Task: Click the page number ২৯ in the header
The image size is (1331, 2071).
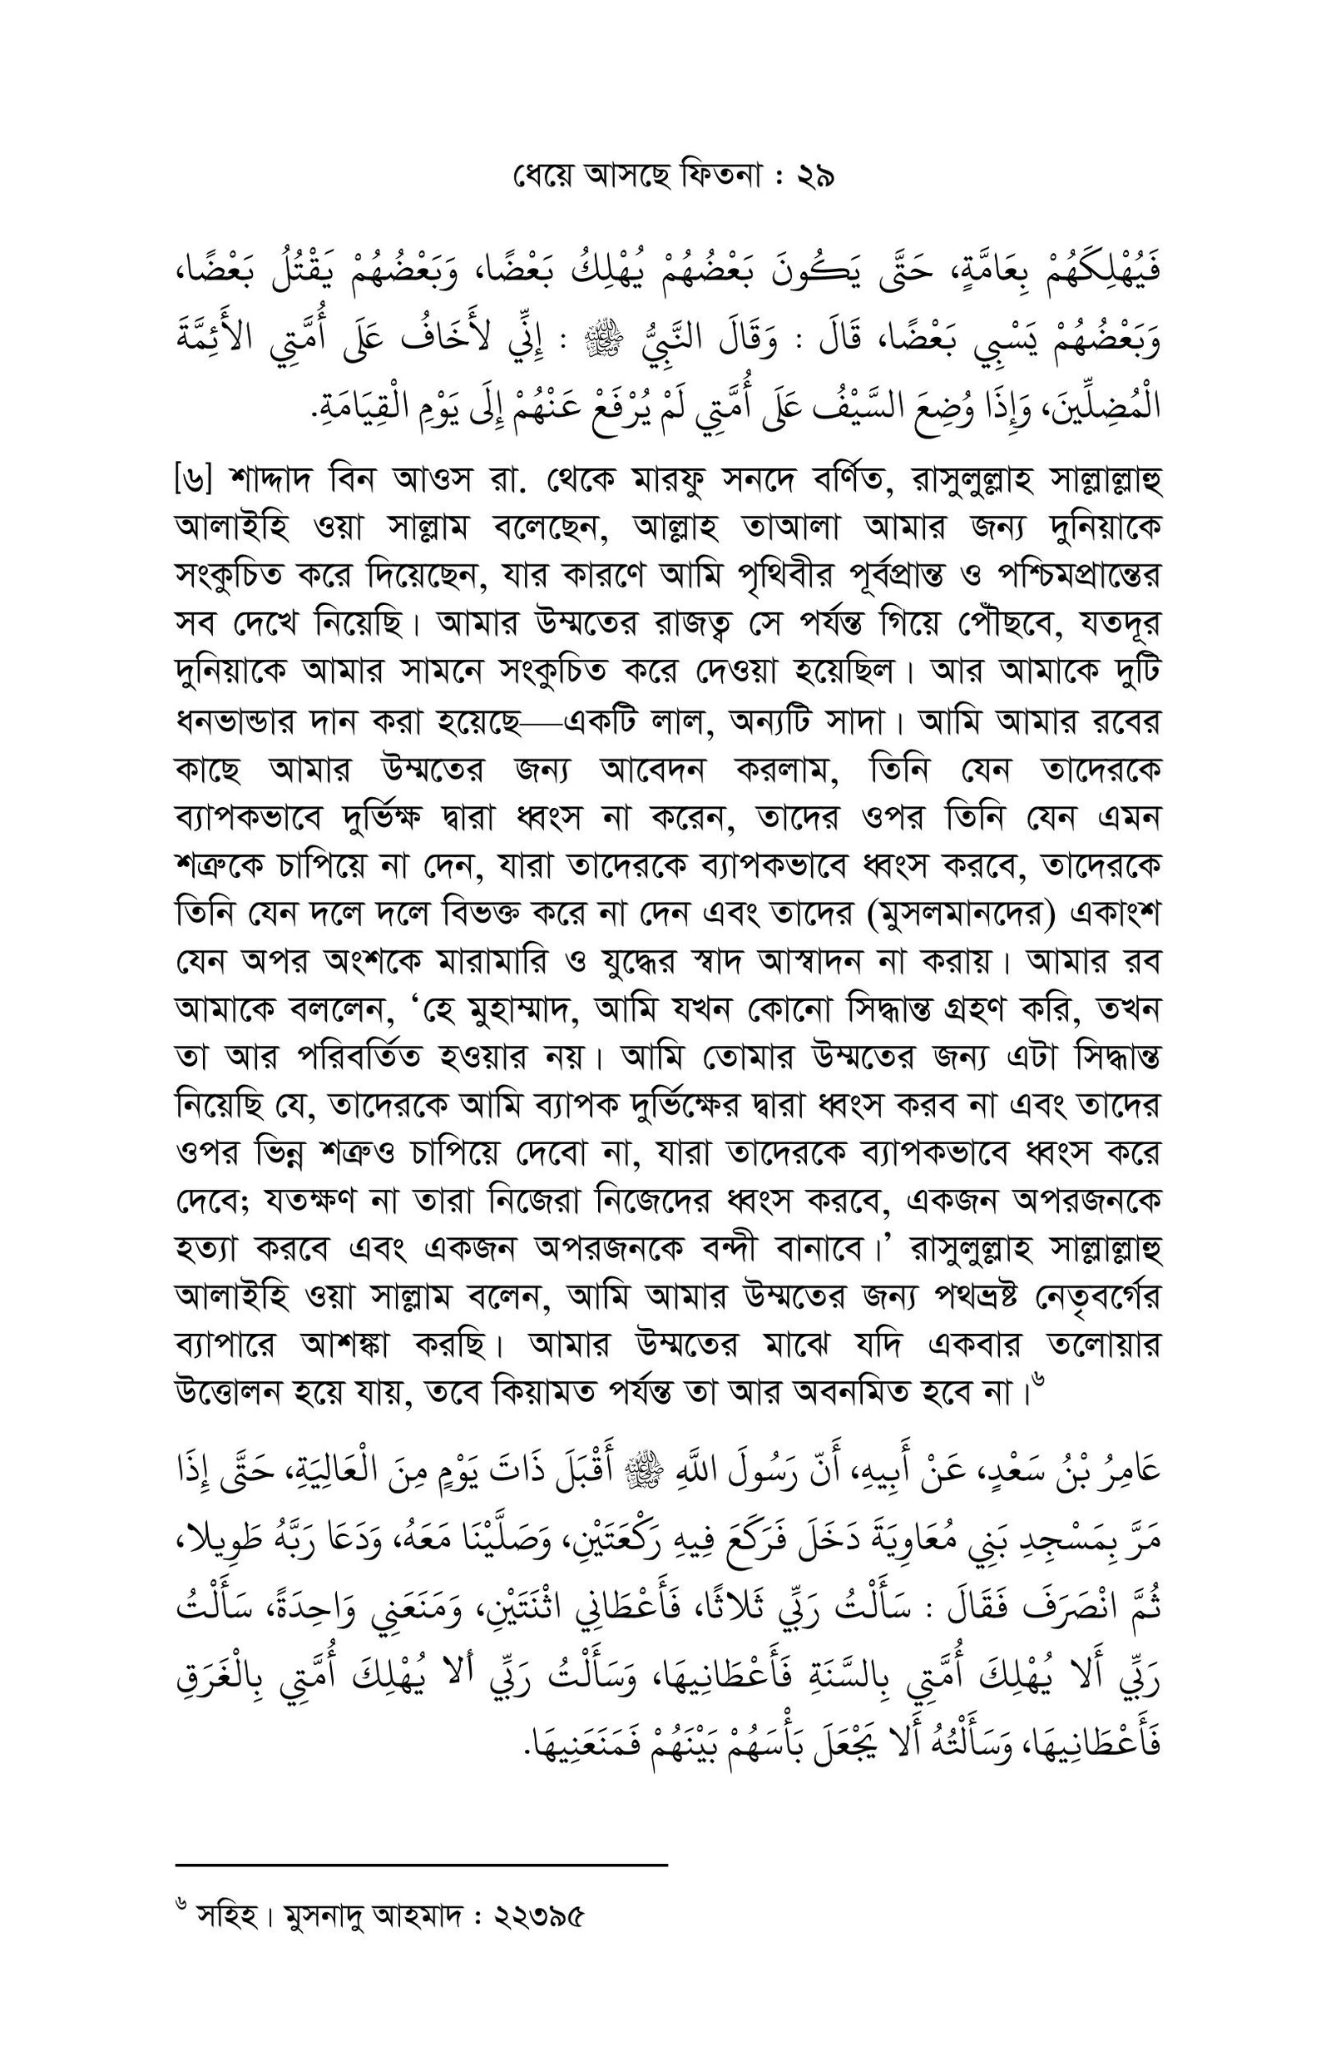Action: tap(814, 177)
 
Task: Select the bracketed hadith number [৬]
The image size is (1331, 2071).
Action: tap(193, 480)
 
